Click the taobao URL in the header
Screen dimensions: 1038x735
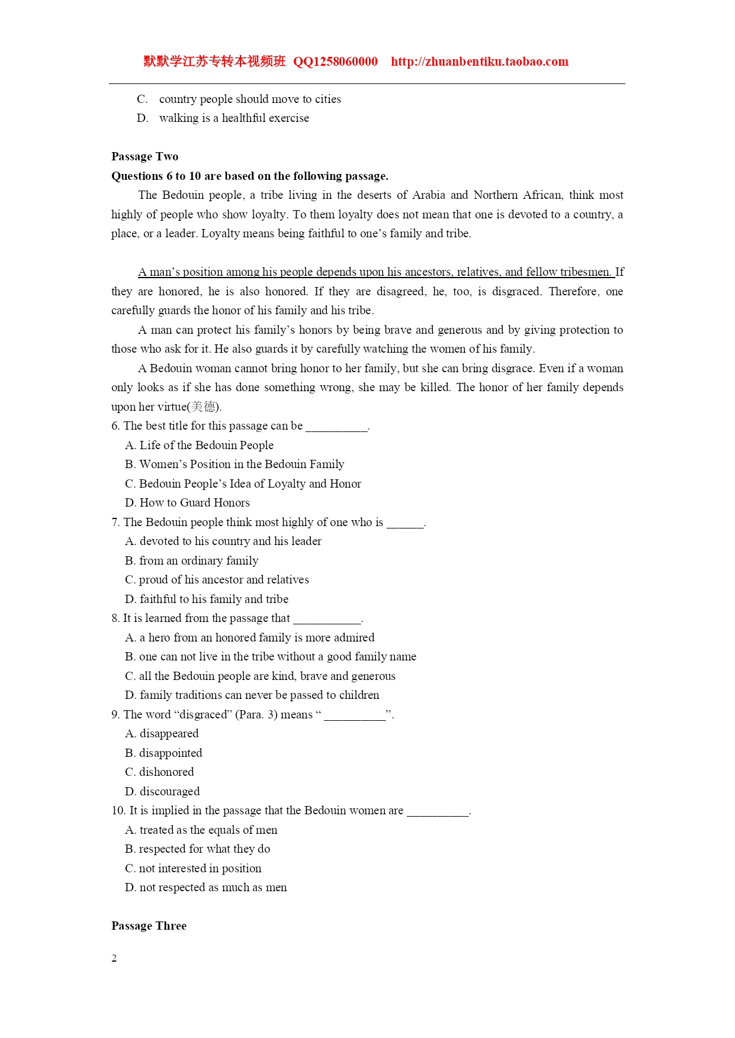479,62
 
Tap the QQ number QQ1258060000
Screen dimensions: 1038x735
335,62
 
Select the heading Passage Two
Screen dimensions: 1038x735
145,156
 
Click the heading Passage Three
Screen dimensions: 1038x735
149,926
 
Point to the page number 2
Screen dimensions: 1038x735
114,959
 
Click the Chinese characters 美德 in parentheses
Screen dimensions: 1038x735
204,407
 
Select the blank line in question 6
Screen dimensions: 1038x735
336,427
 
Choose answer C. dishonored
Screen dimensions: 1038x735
159,772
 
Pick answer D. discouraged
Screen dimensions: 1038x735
162,791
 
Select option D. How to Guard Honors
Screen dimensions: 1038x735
187,502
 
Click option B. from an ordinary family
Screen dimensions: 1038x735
191,560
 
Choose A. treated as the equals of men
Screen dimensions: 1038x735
201,830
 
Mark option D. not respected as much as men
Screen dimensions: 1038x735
206,887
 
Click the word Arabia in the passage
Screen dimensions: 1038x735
428,195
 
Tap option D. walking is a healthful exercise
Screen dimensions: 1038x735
223,118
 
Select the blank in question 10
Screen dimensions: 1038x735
438,811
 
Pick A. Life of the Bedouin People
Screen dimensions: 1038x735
199,445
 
